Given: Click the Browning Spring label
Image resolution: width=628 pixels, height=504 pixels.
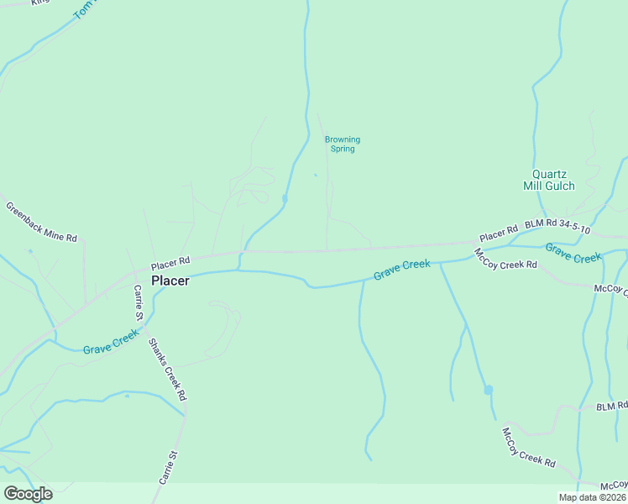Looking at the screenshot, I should coord(343,144).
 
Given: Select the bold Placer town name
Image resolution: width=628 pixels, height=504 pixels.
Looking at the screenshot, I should coord(170,281).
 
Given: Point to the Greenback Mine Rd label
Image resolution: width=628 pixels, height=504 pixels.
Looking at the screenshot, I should coord(41,223).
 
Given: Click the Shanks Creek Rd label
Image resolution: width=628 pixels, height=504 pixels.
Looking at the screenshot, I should coord(167,369).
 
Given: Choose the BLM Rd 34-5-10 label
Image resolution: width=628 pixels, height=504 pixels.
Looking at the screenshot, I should coord(557,227).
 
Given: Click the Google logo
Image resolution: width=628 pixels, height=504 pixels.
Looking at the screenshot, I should coord(28,494).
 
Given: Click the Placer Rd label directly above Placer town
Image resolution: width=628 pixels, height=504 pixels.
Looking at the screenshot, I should coord(170,261).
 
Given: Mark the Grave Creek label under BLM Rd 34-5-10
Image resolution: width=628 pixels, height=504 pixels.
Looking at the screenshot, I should coord(573,252).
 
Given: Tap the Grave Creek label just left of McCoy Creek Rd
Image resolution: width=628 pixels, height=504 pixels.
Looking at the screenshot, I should coord(401,270).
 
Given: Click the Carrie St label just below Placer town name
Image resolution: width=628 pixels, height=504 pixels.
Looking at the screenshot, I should coord(139,302).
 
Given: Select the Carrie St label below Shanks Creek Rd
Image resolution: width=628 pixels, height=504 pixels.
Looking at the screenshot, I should coord(169,466).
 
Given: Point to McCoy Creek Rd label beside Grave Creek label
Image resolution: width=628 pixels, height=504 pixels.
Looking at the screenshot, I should coord(505,259).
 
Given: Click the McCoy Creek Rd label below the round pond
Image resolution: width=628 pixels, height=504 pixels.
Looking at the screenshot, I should coord(528,447).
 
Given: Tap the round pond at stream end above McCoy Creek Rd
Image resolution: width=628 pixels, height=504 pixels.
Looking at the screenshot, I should coord(488,390).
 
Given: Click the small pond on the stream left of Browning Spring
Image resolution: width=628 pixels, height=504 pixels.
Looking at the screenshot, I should coord(285,198).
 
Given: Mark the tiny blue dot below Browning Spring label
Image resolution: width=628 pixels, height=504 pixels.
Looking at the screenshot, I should coord(316,175).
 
